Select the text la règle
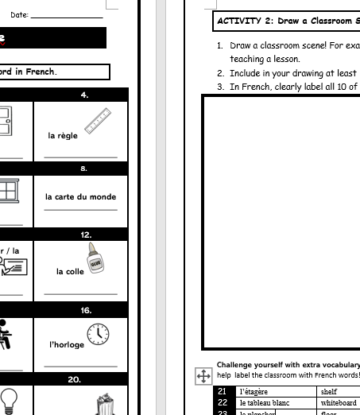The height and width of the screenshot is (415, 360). [x=63, y=136]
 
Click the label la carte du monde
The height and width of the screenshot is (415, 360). [x=80, y=197]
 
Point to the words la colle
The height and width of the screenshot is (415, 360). [x=70, y=272]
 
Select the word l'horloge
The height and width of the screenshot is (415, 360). [x=67, y=345]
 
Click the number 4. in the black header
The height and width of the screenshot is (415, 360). [x=85, y=95]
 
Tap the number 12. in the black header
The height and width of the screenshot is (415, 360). [x=85, y=235]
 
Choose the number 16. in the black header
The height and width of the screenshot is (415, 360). [x=85, y=311]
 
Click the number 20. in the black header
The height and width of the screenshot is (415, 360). [x=74, y=380]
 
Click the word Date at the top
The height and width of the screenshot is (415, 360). [x=19, y=14]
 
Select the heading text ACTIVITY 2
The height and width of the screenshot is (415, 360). [x=242, y=21]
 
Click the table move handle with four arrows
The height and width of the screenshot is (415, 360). [x=203, y=374]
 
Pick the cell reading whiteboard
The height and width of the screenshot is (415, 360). [x=339, y=403]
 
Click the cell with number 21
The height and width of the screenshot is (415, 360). [x=223, y=391]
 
